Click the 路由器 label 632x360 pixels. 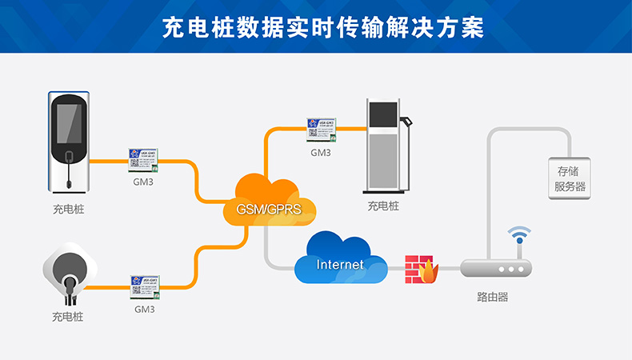click(x=492, y=297)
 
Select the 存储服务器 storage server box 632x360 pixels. click(x=570, y=178)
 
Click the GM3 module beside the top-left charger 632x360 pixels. click(x=143, y=160)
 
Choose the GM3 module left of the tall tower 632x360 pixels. click(x=322, y=131)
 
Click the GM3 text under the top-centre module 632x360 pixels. click(x=321, y=152)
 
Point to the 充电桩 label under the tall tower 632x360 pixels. click(x=383, y=206)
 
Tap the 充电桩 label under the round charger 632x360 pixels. click(x=67, y=317)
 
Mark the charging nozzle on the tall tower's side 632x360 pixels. click(x=406, y=122)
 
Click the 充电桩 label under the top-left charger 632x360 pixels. click(x=69, y=210)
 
